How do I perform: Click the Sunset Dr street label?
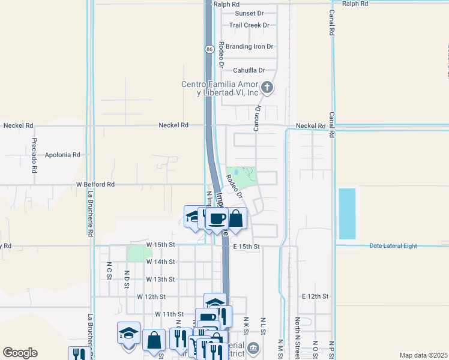click(249, 13)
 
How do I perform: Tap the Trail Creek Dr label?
click(249, 25)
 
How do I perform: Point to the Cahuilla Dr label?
click(249, 70)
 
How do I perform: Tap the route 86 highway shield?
click(209, 49)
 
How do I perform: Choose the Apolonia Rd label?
click(62, 155)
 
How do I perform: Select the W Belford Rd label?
click(95, 185)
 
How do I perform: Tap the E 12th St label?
click(316, 297)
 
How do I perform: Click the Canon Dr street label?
click(256, 118)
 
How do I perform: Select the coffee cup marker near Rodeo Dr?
click(217, 219)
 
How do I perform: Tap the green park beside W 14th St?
click(139, 253)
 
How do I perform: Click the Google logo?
click(20, 352)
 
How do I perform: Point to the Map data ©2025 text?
click(423, 355)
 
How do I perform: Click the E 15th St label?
click(246, 247)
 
